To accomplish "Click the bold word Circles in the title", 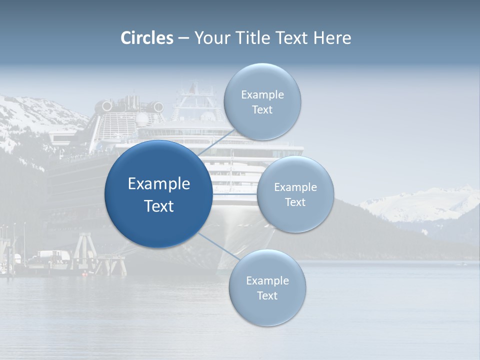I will pyautogui.click(x=146, y=38).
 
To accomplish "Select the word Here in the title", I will pyautogui.click(x=332, y=38).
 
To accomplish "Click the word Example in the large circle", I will pyautogui.click(x=159, y=184).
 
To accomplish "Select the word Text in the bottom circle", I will pyautogui.click(x=267, y=296).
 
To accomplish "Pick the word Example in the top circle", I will pyautogui.click(x=262, y=95).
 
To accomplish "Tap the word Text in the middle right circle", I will pyautogui.click(x=295, y=202).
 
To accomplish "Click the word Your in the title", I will pyautogui.click(x=210, y=38).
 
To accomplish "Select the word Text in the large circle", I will pyautogui.click(x=159, y=206).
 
